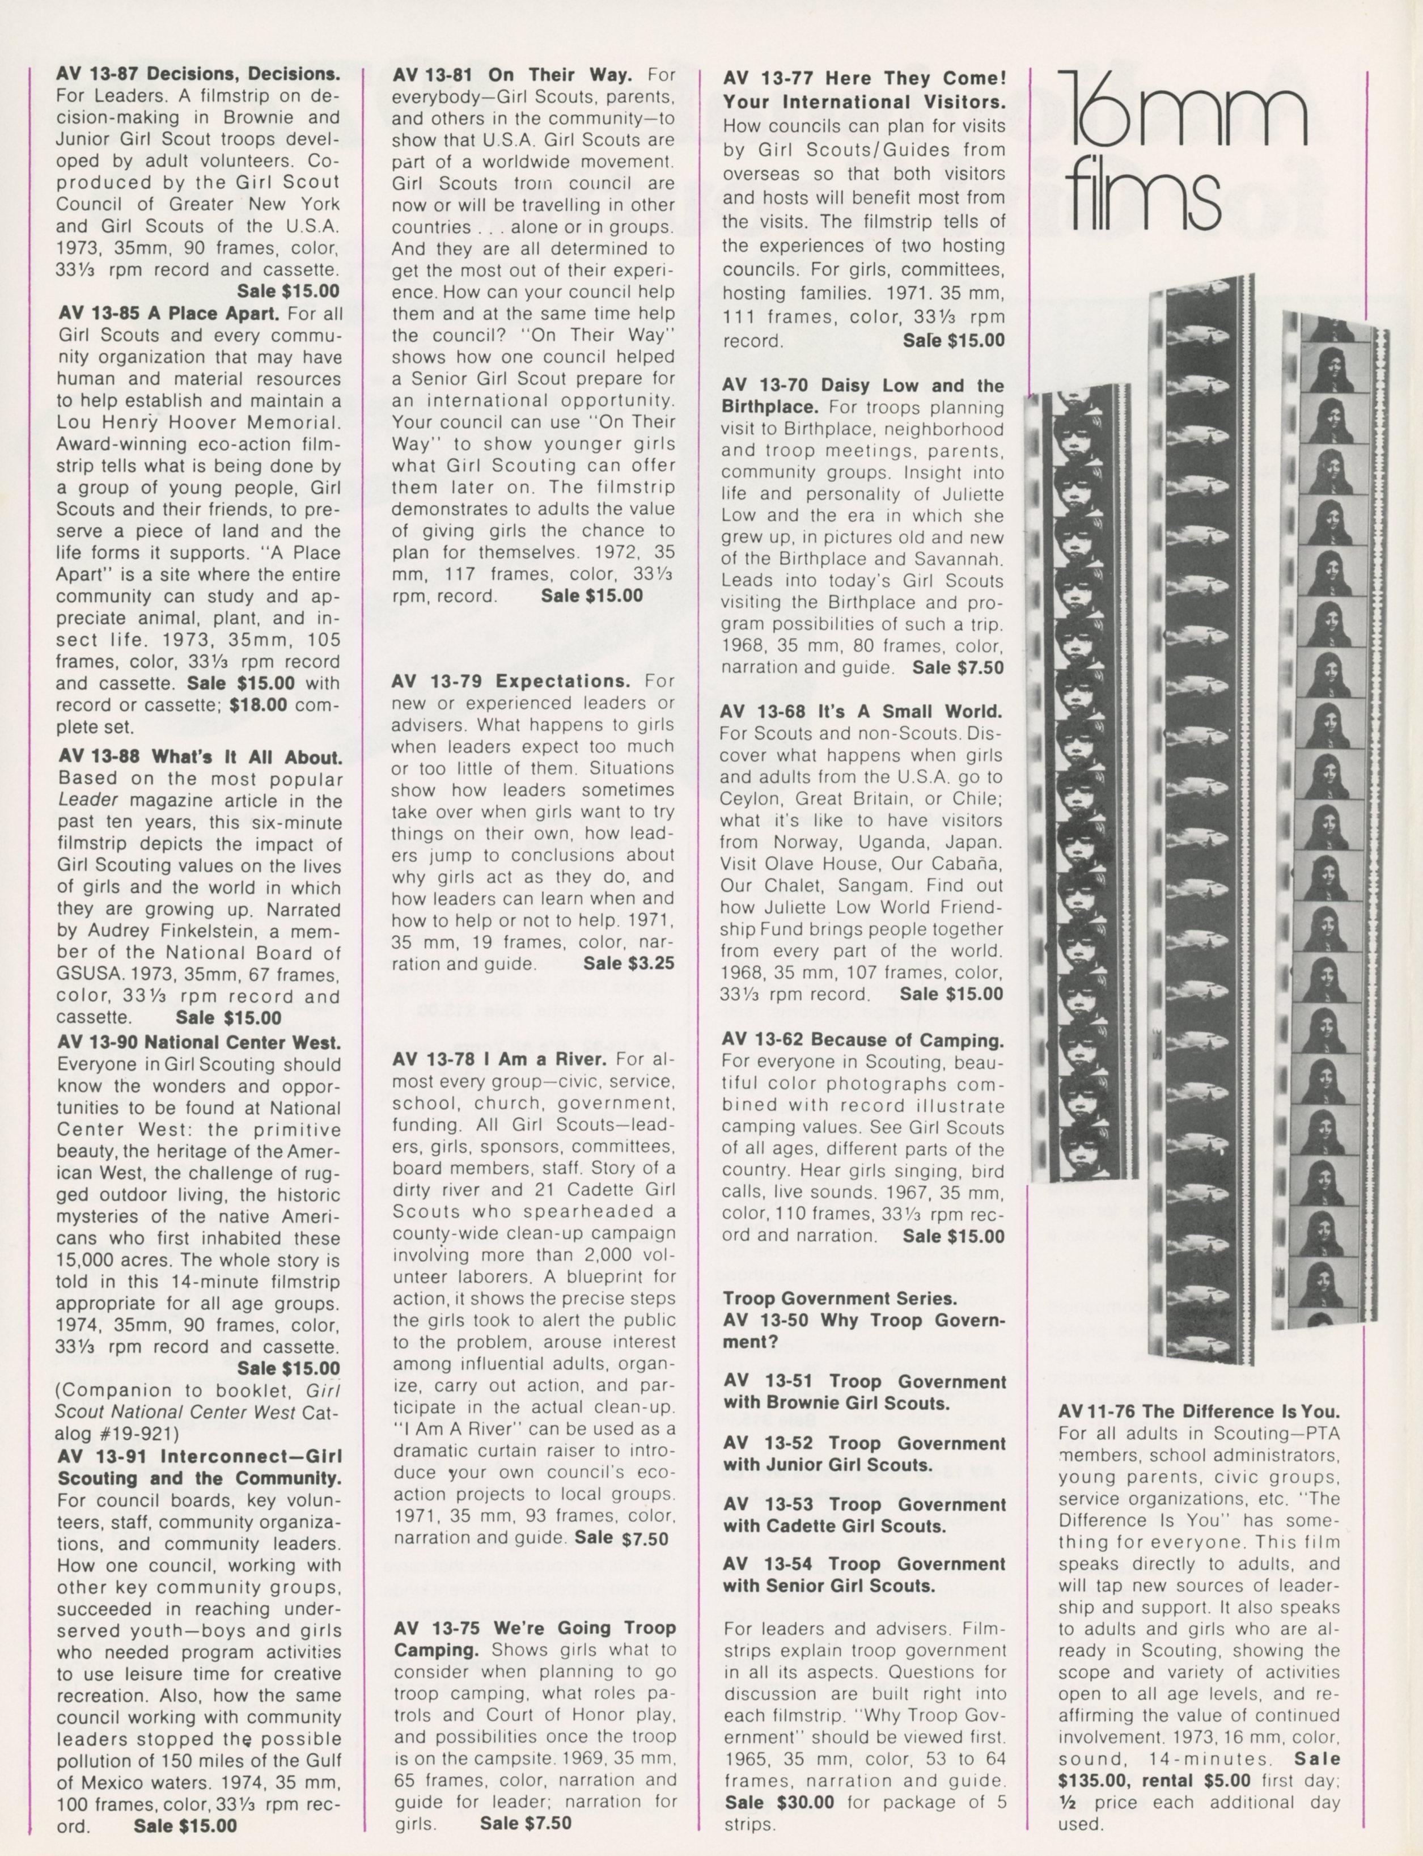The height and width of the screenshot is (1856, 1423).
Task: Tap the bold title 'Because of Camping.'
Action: [x=919, y=1039]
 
